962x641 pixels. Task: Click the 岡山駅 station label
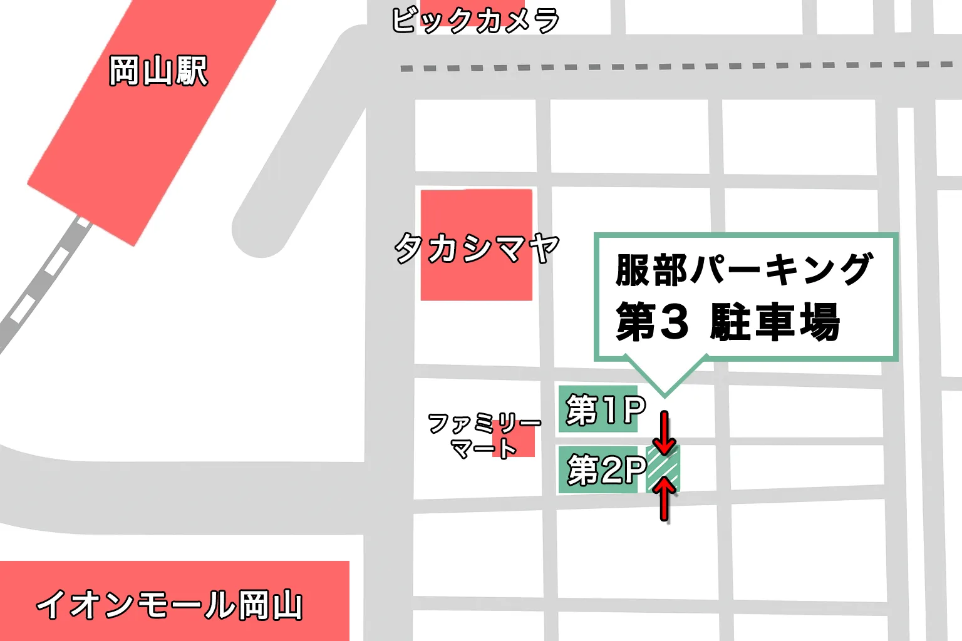point(158,71)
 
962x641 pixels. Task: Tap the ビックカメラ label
point(475,20)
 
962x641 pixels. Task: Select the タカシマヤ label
point(476,249)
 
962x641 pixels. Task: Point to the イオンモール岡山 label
point(169,605)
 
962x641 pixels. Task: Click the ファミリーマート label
point(484,436)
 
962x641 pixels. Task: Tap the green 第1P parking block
point(598,409)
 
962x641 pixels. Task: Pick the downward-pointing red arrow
point(665,433)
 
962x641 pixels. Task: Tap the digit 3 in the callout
point(674,322)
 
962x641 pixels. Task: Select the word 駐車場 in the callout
point(774,322)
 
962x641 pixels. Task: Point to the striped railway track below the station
point(44,282)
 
